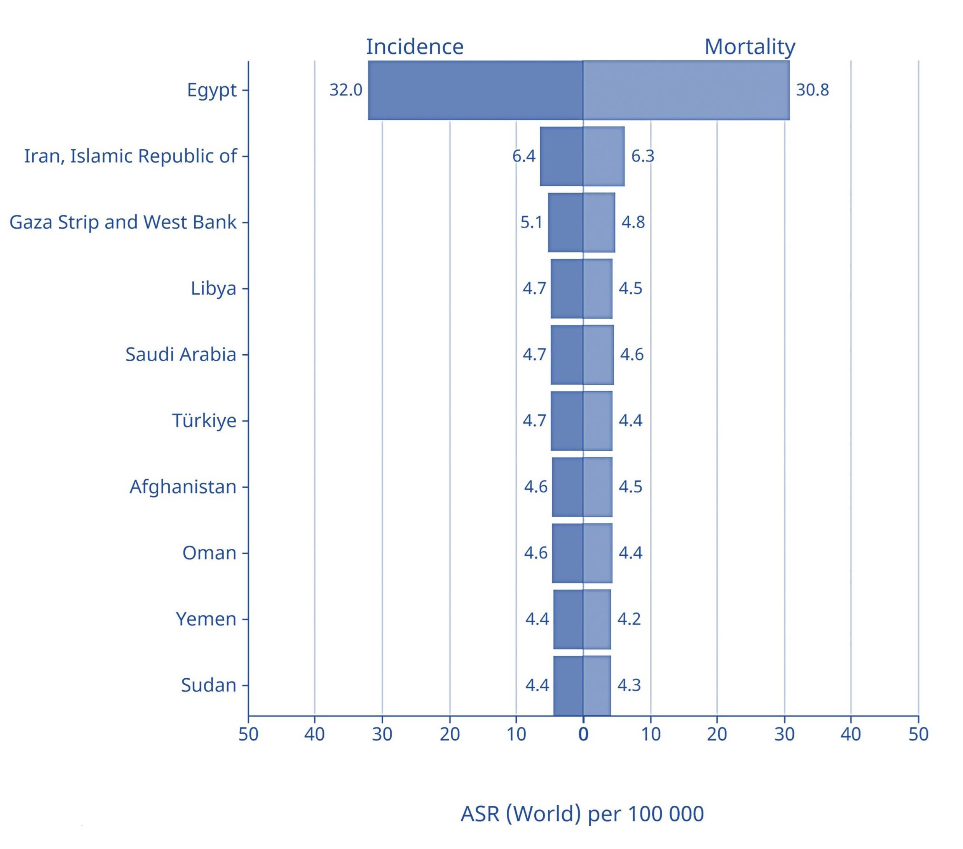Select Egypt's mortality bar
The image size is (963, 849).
click(x=686, y=90)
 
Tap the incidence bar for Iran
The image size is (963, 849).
click(x=561, y=156)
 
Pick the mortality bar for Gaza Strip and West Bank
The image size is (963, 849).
click(x=598, y=222)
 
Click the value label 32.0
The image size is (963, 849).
click(x=345, y=89)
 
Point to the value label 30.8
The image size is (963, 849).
click(x=812, y=89)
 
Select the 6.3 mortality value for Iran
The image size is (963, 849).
click(x=643, y=156)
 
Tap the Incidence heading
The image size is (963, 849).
click(x=415, y=46)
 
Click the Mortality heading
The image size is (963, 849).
click(x=750, y=46)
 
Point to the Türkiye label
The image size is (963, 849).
click(x=204, y=420)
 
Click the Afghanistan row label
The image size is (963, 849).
click(x=183, y=487)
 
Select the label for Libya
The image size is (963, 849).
click(x=213, y=288)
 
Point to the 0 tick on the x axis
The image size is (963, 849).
click(x=583, y=734)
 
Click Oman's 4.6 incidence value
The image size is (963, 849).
click(x=536, y=553)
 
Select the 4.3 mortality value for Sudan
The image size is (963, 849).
click(x=629, y=685)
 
